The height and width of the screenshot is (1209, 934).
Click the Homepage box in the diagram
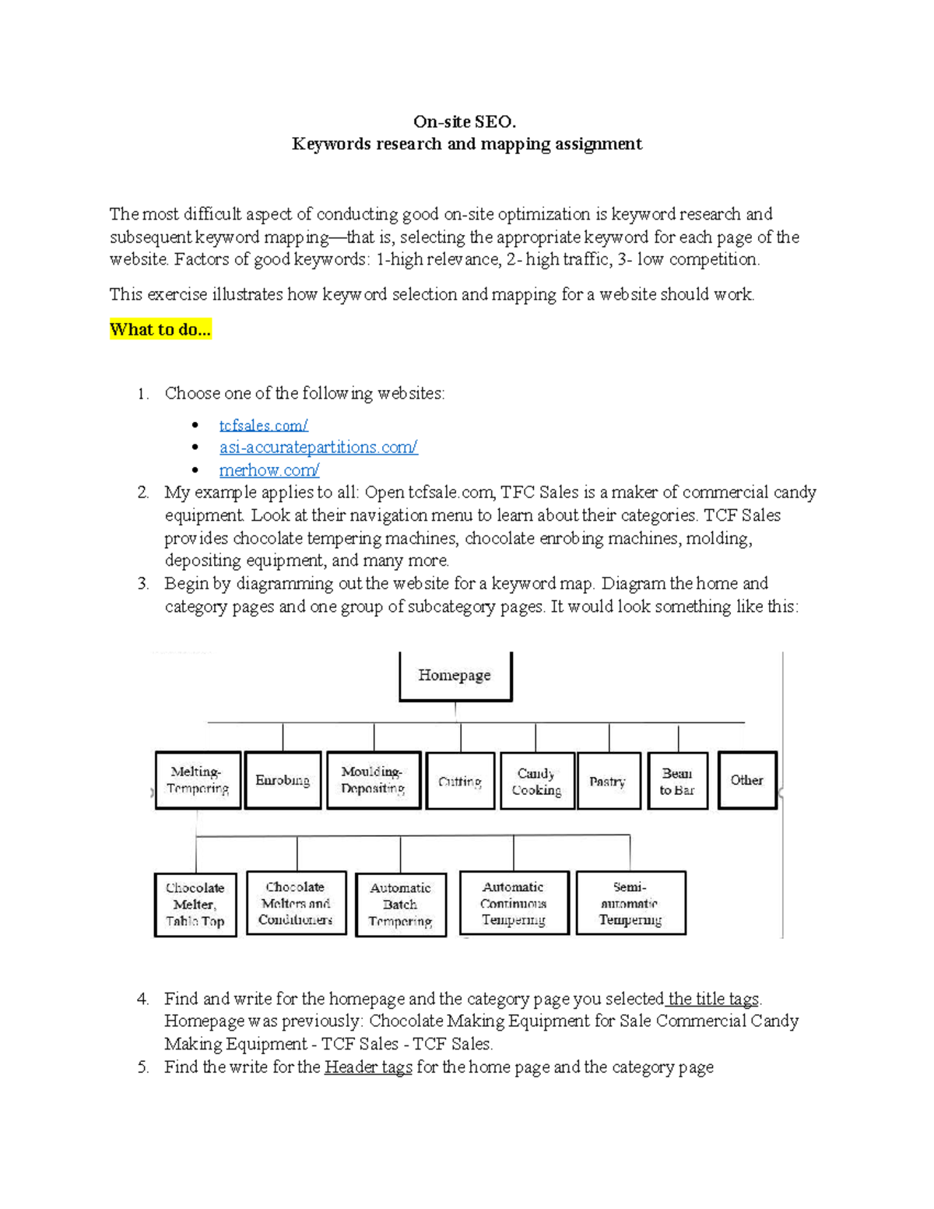[x=455, y=676]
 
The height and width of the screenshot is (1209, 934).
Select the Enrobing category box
[x=283, y=780]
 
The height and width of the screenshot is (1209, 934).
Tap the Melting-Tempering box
[x=198, y=780]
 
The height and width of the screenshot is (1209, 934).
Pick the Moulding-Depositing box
[x=373, y=780]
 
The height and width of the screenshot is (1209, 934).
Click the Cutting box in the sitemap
[x=460, y=781]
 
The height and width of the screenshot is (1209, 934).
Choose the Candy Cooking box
[x=536, y=781]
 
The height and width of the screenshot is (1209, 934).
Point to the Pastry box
[x=608, y=781]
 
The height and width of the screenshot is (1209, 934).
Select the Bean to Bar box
[x=677, y=781]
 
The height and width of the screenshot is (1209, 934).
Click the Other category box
[x=746, y=780]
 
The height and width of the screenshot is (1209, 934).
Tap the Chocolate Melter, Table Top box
[x=195, y=905]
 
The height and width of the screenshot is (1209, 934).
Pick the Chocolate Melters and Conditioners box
[x=296, y=903]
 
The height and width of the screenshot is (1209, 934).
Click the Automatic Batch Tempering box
[x=400, y=905]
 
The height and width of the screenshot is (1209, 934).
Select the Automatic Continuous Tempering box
[x=514, y=903]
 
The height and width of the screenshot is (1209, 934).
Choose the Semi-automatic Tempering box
[x=630, y=903]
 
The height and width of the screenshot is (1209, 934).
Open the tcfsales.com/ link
[x=263, y=425]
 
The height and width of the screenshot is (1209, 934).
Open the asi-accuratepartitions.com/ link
[x=318, y=448]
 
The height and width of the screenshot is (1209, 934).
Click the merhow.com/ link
[x=269, y=470]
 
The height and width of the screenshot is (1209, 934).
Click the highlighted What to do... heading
[x=160, y=329]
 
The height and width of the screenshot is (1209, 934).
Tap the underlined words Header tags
[x=368, y=1067]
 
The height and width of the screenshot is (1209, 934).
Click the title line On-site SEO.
[x=465, y=121]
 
